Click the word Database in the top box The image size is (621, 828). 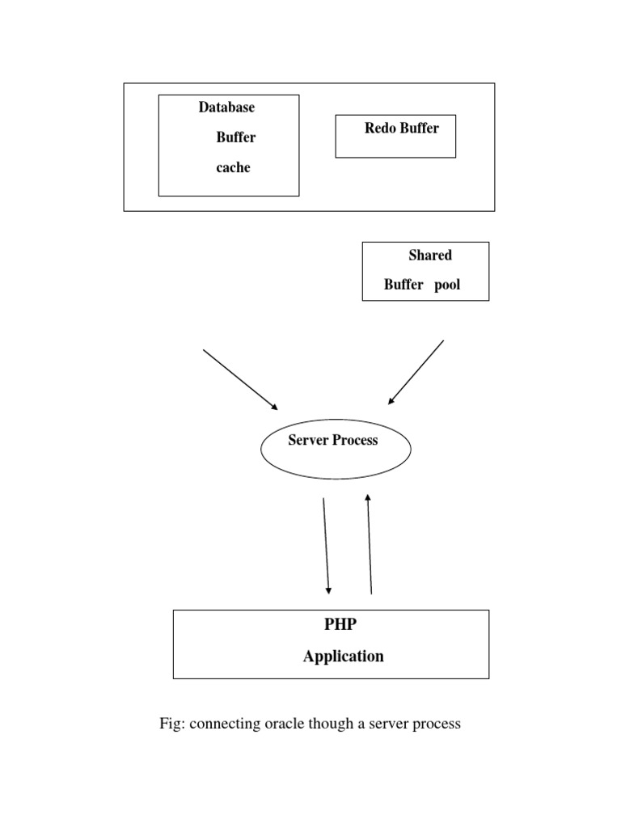click(226, 108)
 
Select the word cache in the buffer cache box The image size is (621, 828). click(233, 168)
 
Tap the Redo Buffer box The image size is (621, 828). click(395, 137)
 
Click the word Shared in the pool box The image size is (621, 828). click(430, 256)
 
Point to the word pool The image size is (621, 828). click(446, 285)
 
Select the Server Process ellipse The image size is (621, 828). click(336, 449)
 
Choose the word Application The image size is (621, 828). click(344, 657)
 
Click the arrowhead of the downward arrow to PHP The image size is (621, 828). click(328, 590)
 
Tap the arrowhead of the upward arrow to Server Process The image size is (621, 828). click(368, 498)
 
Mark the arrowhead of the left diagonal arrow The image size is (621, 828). click(274, 407)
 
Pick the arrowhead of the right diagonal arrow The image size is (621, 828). click(392, 400)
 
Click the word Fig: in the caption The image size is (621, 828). click(172, 724)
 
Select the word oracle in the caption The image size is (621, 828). click(284, 724)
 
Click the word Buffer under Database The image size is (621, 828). click(236, 137)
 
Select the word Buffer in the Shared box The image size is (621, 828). click(403, 285)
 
